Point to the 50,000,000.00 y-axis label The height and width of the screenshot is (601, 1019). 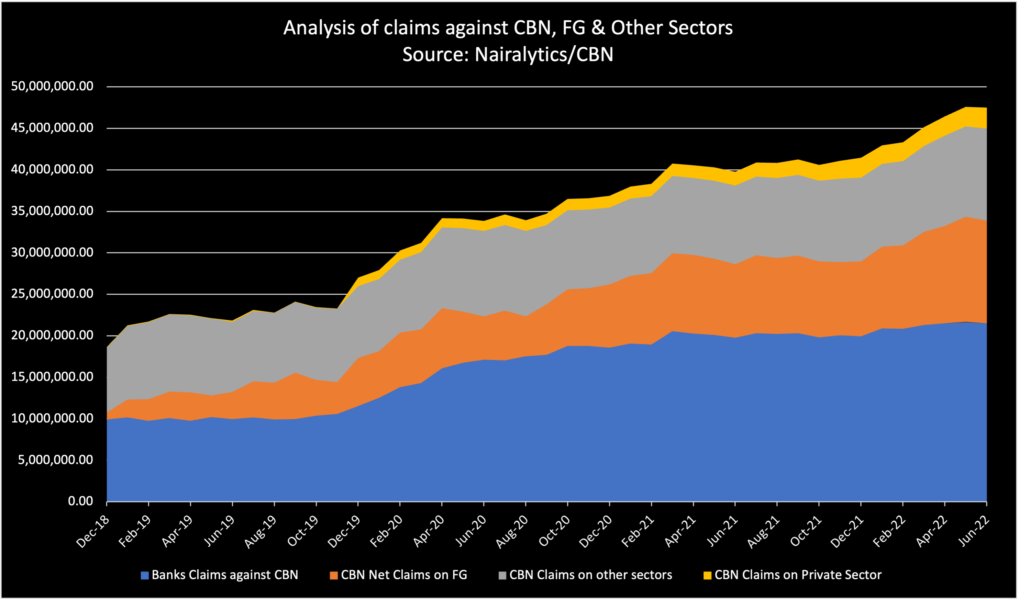point(52,86)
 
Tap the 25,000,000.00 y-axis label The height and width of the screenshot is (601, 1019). point(52,294)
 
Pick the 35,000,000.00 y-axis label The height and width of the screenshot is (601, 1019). point(52,211)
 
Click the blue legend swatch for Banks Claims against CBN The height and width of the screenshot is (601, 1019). point(145,576)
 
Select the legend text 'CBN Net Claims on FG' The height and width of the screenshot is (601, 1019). point(404,575)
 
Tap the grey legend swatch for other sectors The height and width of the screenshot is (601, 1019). point(502,576)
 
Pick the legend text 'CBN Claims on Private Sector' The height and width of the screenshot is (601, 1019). point(798,575)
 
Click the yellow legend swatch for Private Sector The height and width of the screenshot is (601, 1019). point(707,576)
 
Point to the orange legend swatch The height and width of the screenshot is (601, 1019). point(334,576)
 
